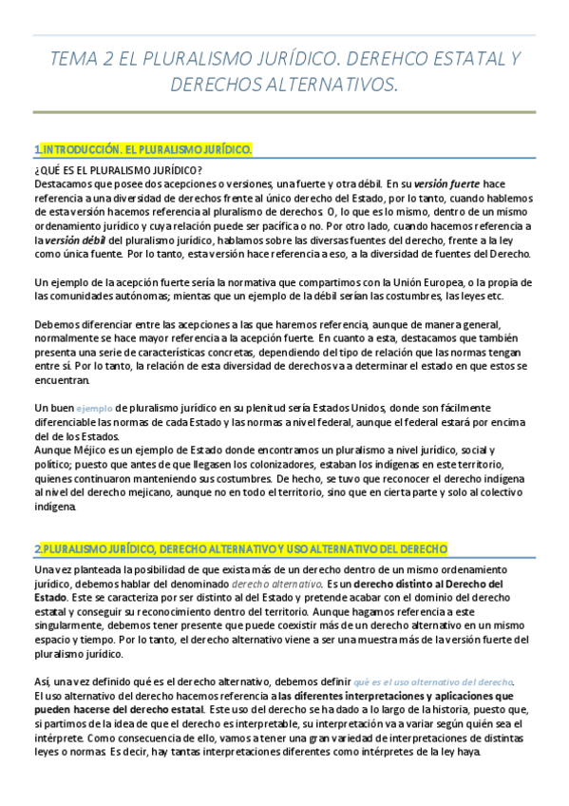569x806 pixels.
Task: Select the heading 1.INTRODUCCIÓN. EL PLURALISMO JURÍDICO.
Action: point(143,150)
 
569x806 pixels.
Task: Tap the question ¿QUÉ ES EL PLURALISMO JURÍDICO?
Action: point(110,170)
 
